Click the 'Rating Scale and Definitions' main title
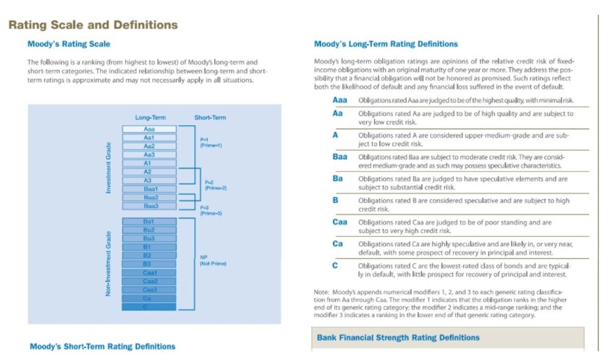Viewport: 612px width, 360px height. click(92, 25)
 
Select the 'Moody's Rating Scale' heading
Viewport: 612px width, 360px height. click(69, 44)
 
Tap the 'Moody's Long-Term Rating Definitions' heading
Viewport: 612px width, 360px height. click(386, 44)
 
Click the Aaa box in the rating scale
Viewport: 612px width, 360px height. click(149, 129)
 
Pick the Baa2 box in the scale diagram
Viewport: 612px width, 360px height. click(149, 198)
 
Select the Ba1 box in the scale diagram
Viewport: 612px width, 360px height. click(149, 221)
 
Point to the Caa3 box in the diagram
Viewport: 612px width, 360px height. click(149, 290)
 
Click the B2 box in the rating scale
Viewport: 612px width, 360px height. click(149, 255)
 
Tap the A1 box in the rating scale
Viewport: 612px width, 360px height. click(149, 163)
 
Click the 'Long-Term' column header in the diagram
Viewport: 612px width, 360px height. click(150, 118)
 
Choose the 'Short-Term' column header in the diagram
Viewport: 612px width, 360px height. click(210, 118)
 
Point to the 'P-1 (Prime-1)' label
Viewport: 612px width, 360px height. click(211, 143)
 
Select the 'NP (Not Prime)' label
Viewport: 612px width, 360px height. click(213, 260)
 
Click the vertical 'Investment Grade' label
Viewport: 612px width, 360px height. click(109, 168)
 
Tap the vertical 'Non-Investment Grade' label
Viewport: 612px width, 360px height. click(109, 263)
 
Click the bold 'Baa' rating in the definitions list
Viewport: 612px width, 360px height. click(340, 157)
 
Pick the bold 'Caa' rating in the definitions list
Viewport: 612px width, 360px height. click(340, 222)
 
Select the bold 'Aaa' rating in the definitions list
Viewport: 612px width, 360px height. click(340, 100)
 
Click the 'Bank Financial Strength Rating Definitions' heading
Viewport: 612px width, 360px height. click(398, 337)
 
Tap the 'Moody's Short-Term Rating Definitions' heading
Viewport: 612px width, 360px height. click(102, 347)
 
